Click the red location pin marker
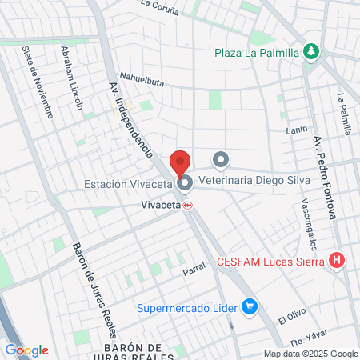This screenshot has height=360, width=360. pos(180,162)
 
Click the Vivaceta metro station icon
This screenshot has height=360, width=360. pos(189,205)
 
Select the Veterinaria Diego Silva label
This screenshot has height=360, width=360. pos(272,158)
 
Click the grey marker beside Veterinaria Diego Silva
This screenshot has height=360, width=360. pos(221,158)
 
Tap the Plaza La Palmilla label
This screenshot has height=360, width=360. pos(256,54)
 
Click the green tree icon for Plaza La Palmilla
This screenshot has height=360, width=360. pos(312,53)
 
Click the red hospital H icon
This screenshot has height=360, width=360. pos(338,260)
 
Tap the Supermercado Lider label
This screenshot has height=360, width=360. pos(188,307)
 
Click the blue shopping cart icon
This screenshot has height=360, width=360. pos(250,306)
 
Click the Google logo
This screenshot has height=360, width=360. pos(26,350)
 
